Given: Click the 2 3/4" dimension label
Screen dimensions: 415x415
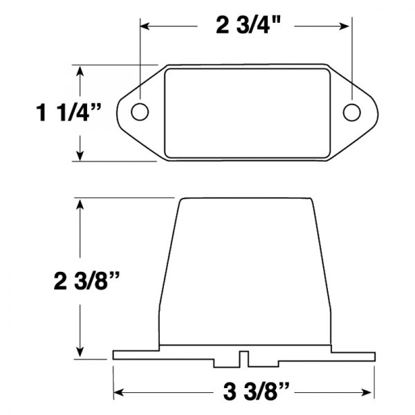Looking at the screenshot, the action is [x=248, y=26].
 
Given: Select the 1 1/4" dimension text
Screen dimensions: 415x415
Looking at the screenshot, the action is [x=68, y=113].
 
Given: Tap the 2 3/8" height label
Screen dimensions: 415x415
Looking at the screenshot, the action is [x=86, y=281].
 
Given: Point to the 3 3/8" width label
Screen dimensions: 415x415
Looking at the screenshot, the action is [x=256, y=392].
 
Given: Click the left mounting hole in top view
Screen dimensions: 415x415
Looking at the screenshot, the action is [x=140, y=112].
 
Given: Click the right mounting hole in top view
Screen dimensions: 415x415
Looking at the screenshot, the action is [x=352, y=113].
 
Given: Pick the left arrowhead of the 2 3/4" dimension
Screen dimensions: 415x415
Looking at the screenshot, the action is [x=145, y=26].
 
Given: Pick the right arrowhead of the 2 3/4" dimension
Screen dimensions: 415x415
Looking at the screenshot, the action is [x=344, y=26].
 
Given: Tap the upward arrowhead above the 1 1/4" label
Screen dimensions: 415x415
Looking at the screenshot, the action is [x=80, y=71].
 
